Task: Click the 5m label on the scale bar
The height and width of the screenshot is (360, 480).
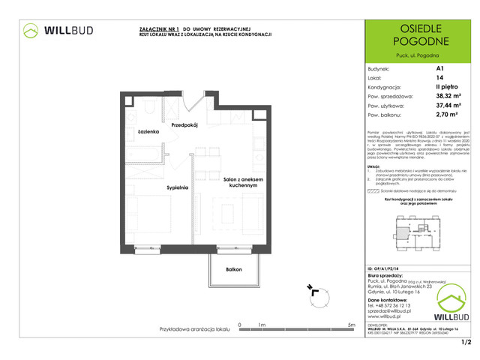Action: [351, 324]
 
